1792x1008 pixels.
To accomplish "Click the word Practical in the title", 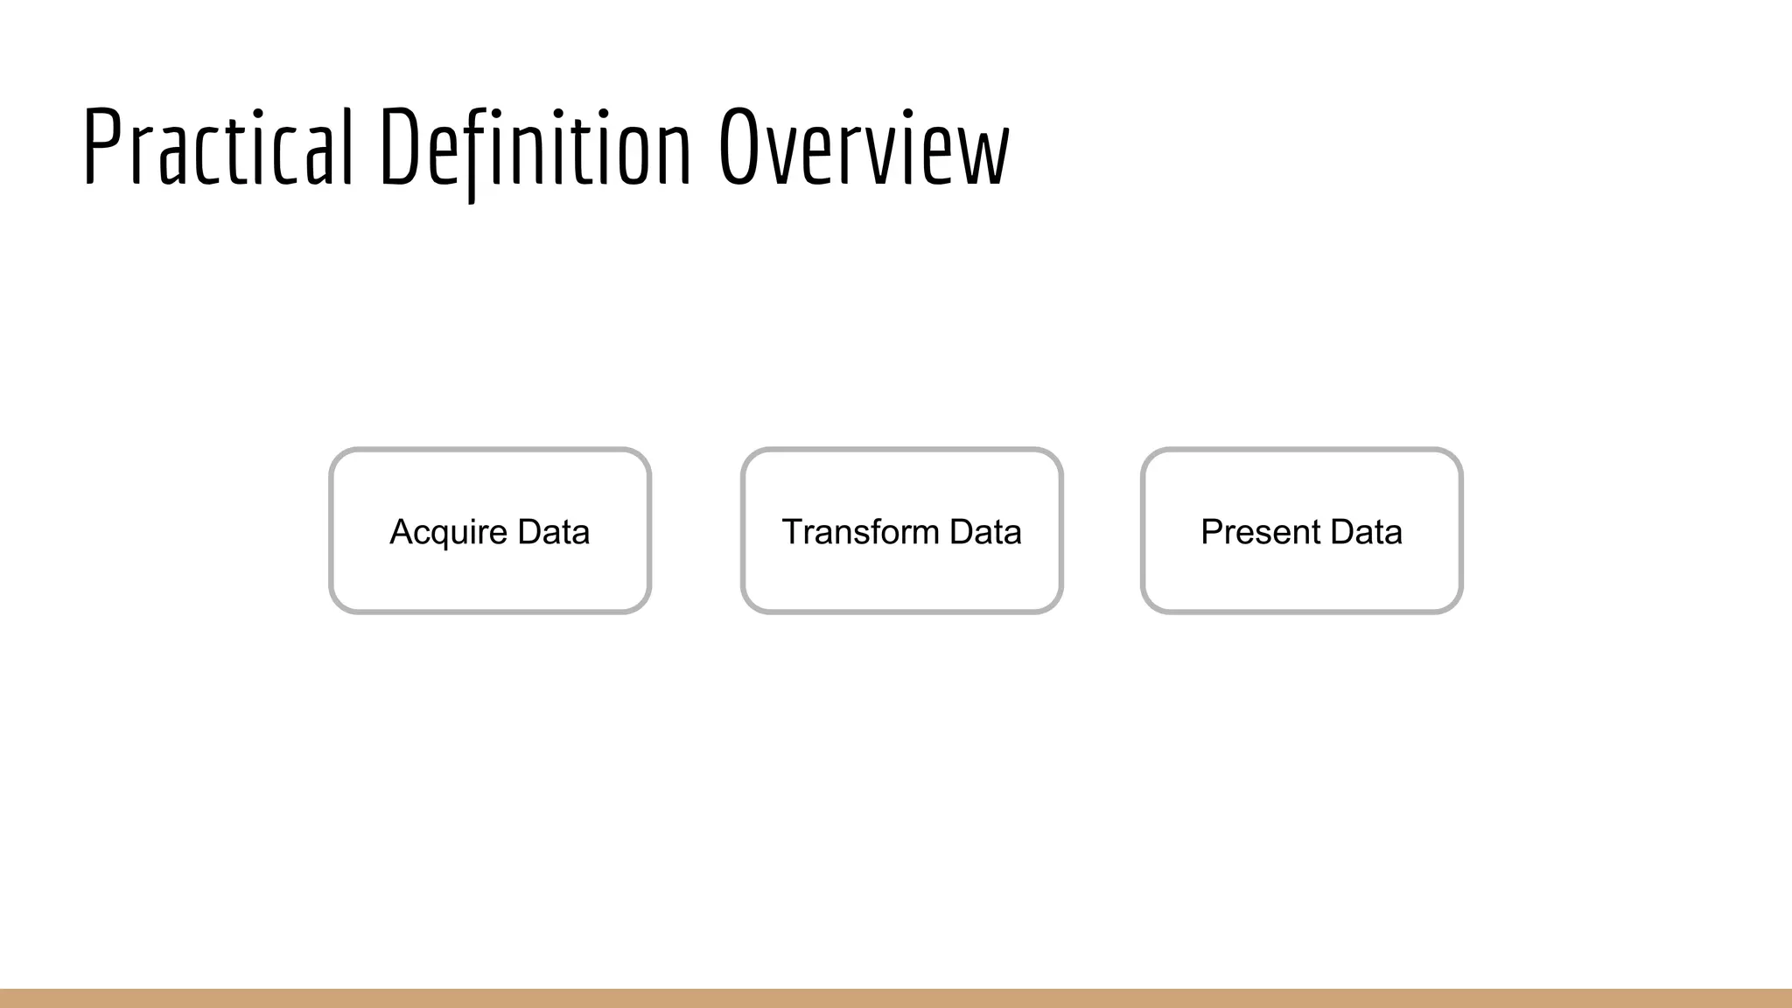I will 219,147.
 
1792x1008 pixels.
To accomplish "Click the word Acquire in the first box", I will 448,533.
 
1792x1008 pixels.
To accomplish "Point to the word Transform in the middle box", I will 859,532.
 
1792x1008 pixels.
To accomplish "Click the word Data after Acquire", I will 554,532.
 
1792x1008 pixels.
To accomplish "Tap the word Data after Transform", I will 985,532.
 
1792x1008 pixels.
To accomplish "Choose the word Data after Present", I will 1366,532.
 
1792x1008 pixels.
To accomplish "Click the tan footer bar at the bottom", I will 896,998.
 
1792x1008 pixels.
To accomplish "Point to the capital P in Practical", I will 101,147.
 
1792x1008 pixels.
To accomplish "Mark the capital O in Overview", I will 738,147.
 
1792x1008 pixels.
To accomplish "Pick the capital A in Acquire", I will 402,532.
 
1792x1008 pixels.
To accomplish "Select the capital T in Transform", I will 793,532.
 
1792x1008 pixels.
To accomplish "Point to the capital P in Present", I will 1212,532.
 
